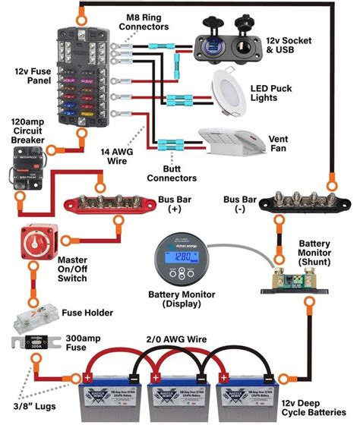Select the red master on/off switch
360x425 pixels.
point(36,242)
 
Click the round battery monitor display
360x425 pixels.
point(181,257)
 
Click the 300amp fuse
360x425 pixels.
point(36,342)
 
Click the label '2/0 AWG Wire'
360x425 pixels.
point(179,341)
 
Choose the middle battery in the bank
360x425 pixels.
point(179,395)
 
